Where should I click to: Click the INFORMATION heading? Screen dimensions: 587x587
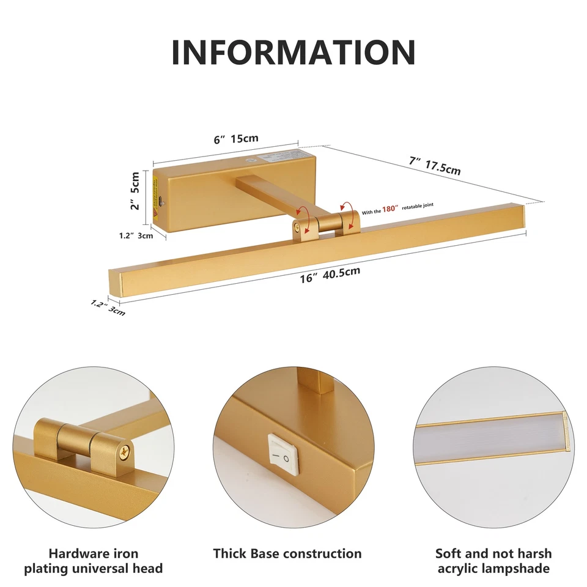(x=293, y=52)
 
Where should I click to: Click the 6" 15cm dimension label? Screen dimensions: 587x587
(x=236, y=139)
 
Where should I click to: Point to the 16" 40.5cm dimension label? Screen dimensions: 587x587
(x=330, y=274)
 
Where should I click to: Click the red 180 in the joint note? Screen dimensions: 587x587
(x=390, y=209)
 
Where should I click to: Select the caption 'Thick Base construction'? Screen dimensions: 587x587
(x=287, y=554)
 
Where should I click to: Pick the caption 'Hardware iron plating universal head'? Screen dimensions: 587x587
(x=94, y=561)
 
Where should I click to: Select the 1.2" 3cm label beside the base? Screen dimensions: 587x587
(x=136, y=236)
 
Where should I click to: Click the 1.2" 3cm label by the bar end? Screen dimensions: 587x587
(x=108, y=308)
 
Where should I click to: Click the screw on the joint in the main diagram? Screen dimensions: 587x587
(x=297, y=226)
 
